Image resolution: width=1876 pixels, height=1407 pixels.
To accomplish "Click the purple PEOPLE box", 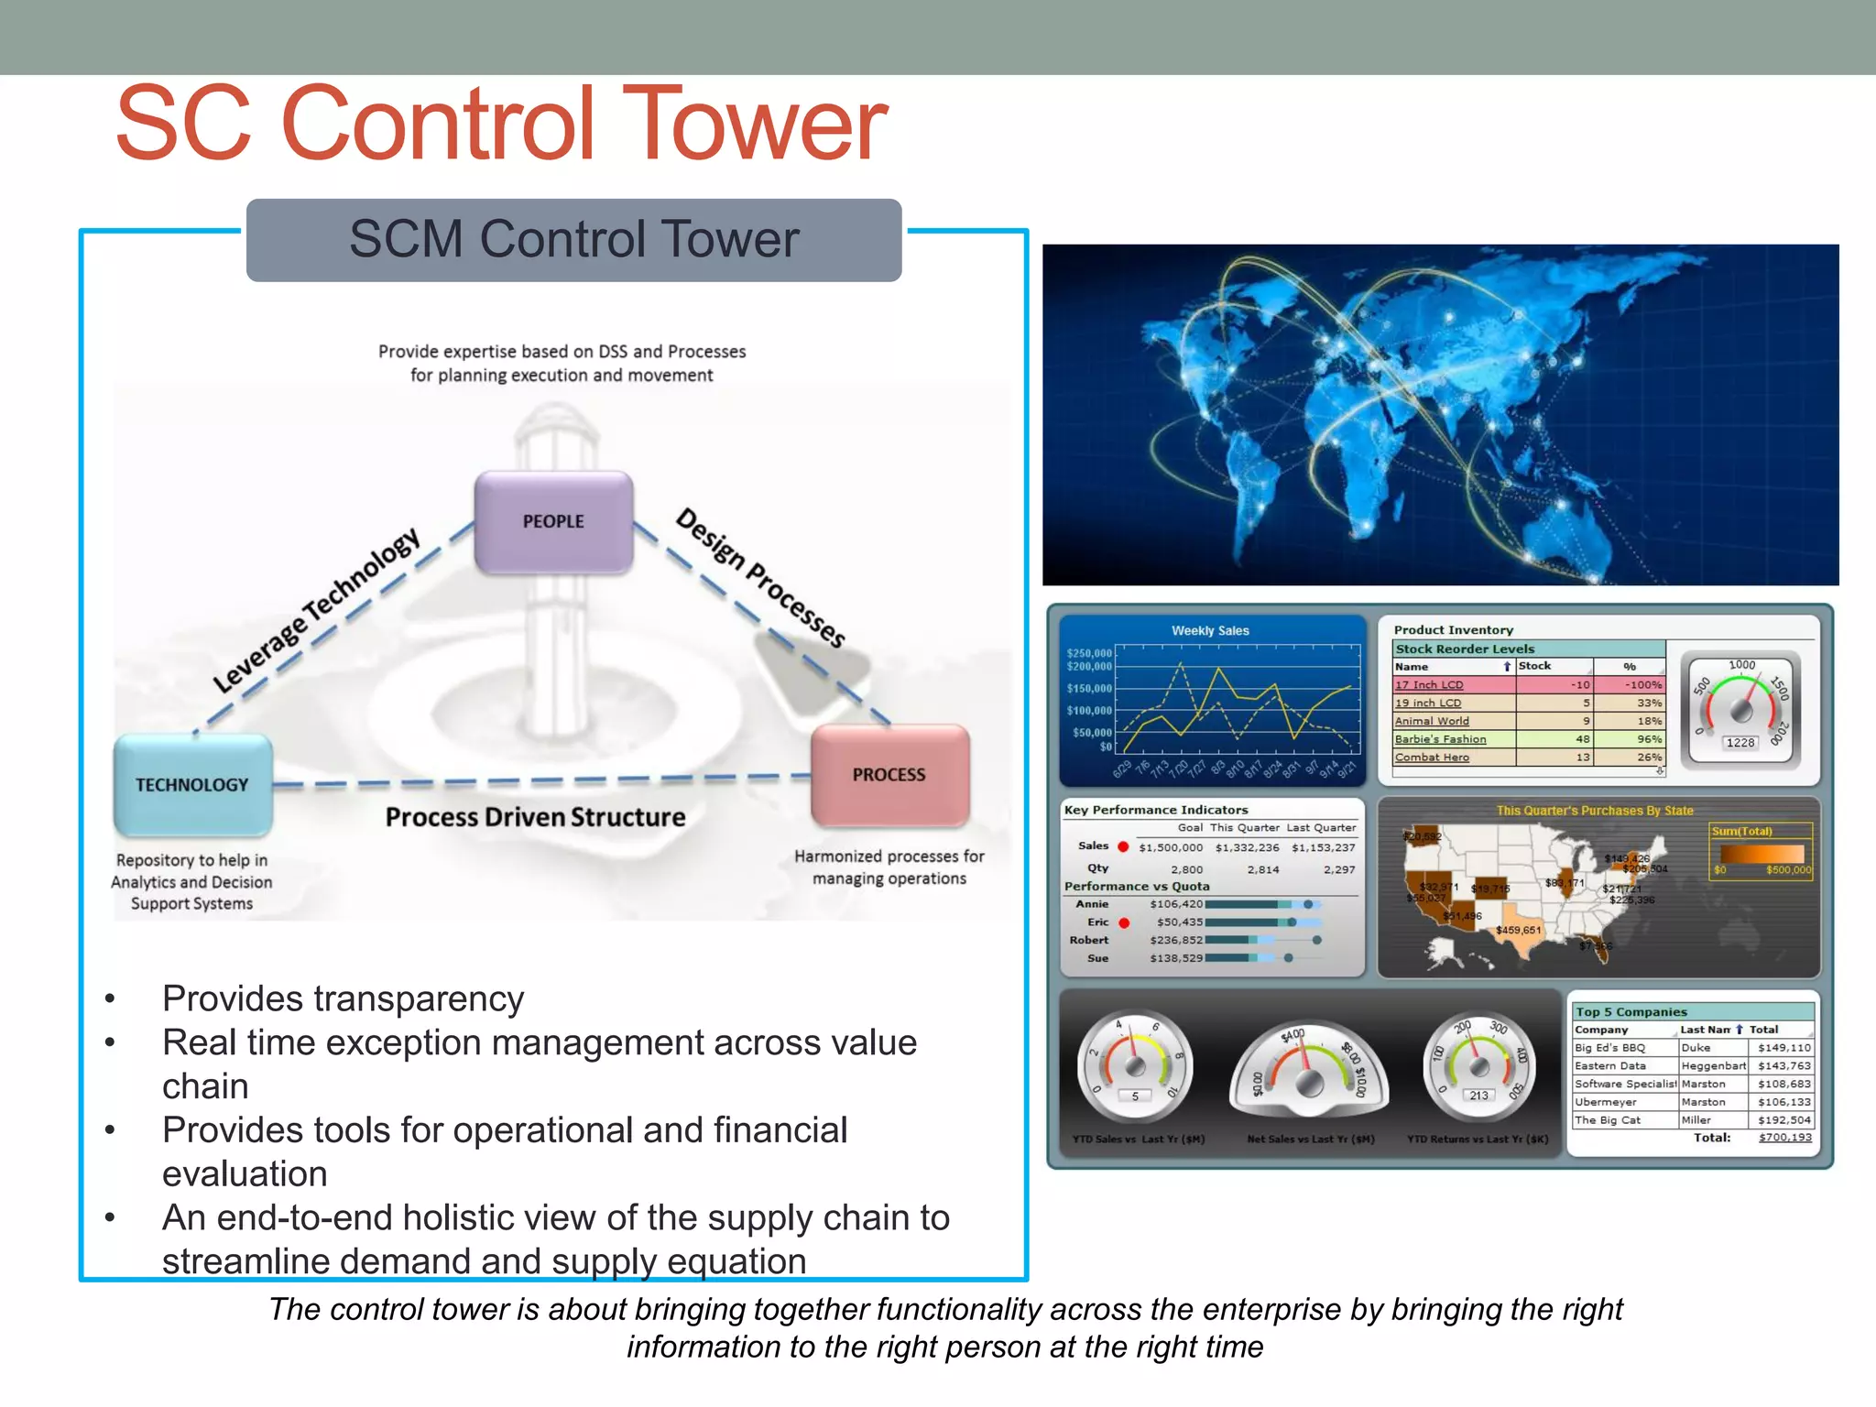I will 553,522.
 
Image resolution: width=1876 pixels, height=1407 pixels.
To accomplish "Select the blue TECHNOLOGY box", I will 192,785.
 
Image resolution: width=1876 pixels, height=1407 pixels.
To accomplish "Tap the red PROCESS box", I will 889,775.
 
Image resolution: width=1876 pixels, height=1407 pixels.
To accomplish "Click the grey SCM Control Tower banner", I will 573,240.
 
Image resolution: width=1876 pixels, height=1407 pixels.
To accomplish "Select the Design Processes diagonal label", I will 759,577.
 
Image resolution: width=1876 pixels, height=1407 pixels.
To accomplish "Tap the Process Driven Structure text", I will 535,817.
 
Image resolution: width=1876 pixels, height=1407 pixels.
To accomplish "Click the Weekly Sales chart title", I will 1210,630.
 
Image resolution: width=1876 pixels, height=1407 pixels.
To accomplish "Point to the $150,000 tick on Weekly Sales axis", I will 1089,688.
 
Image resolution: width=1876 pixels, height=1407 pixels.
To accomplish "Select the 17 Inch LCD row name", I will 1429,684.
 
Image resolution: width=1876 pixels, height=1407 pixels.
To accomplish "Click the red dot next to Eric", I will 1124,922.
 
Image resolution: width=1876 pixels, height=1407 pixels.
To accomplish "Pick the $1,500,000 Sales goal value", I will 1171,847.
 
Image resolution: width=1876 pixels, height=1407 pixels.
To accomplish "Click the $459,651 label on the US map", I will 1519,930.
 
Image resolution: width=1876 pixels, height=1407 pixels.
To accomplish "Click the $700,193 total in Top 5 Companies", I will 1784,1137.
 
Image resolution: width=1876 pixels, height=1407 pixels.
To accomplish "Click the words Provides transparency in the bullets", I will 343,998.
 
